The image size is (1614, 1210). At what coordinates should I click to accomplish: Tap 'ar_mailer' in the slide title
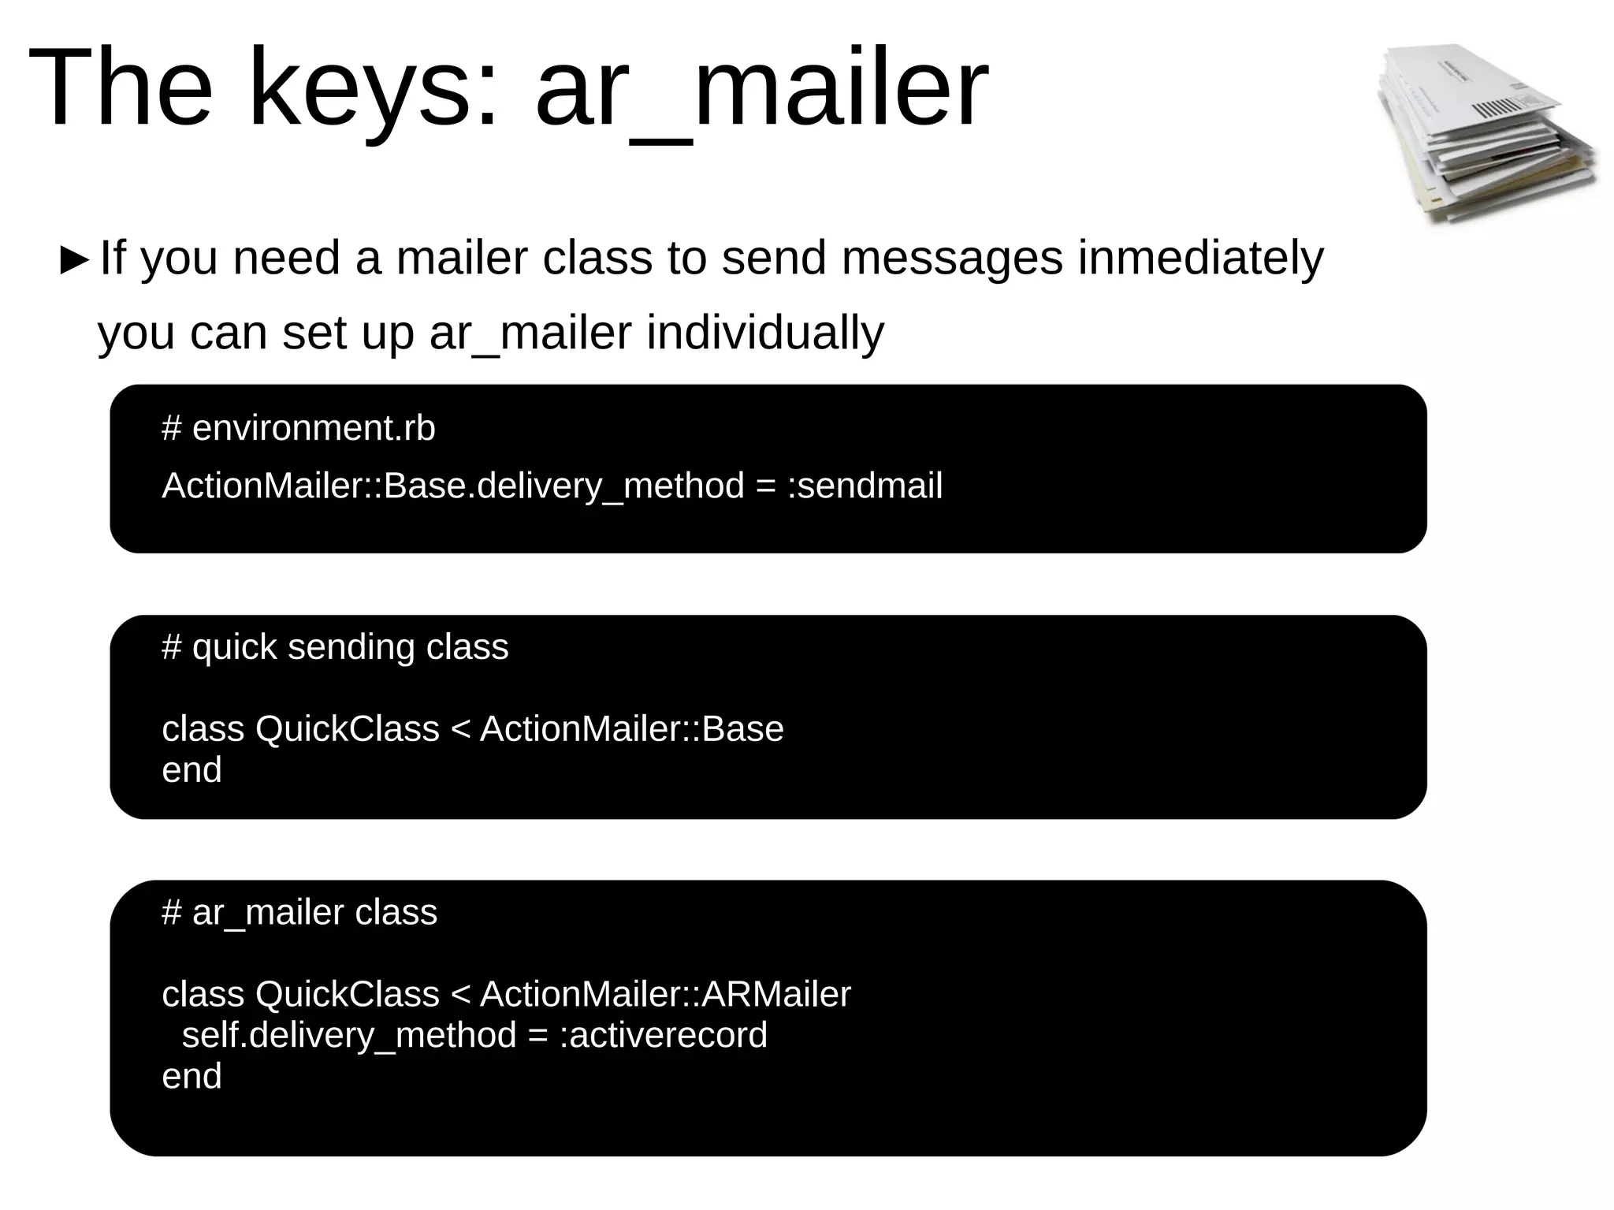tap(761, 88)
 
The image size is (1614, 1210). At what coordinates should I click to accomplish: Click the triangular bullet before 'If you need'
tap(74, 260)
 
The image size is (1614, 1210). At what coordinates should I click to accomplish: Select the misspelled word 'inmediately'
tap(1200, 258)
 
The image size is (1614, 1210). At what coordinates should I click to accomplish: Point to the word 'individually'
tap(765, 333)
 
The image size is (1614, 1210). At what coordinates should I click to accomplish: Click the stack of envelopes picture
tap(1485, 134)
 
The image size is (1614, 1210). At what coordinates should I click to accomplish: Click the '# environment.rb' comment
tap(298, 428)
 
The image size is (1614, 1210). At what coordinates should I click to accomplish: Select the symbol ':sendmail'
tap(865, 486)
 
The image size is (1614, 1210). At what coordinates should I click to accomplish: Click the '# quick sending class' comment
tap(335, 647)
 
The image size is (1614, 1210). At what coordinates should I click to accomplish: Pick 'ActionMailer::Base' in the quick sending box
tap(631, 729)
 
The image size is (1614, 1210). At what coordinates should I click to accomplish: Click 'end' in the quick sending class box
tap(192, 770)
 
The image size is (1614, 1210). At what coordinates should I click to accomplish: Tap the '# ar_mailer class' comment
tap(299, 913)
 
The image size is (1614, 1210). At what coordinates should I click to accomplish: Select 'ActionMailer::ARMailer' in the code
tap(665, 994)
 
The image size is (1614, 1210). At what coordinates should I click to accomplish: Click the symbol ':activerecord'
tap(663, 1035)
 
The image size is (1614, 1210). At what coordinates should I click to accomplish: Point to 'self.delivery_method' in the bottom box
tap(349, 1035)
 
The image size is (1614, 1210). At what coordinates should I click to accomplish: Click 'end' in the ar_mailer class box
tap(192, 1077)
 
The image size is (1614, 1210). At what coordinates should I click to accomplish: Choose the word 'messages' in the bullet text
tap(952, 258)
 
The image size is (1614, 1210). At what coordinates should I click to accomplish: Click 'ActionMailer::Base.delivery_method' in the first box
tap(452, 486)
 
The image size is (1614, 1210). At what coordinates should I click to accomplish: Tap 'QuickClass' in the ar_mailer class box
tap(347, 994)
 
